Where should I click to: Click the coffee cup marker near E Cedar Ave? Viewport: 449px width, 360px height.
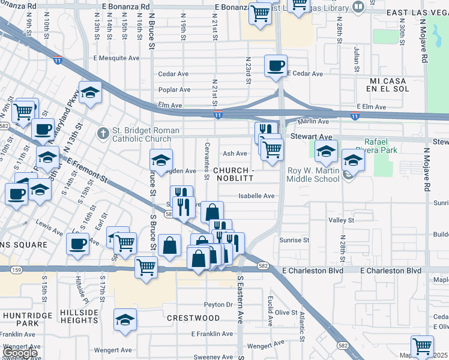276,65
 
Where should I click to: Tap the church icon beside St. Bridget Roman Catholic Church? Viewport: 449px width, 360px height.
103,133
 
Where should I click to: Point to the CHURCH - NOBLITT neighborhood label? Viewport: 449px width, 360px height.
234,174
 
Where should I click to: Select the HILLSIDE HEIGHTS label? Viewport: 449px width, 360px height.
79,317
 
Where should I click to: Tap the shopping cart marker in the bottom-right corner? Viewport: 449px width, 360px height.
422,346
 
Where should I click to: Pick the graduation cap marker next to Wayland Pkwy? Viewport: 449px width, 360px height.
90,92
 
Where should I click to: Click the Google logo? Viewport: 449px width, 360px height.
19,352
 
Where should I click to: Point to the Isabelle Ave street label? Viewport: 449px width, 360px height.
256,196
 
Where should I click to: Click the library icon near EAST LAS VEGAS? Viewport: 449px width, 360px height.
358,7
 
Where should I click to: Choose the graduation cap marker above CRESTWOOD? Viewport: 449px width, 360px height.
125,320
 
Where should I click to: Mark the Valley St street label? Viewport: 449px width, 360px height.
341,221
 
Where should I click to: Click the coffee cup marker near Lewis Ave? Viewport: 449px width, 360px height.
77,244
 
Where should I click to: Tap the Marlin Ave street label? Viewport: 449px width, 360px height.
313,121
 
